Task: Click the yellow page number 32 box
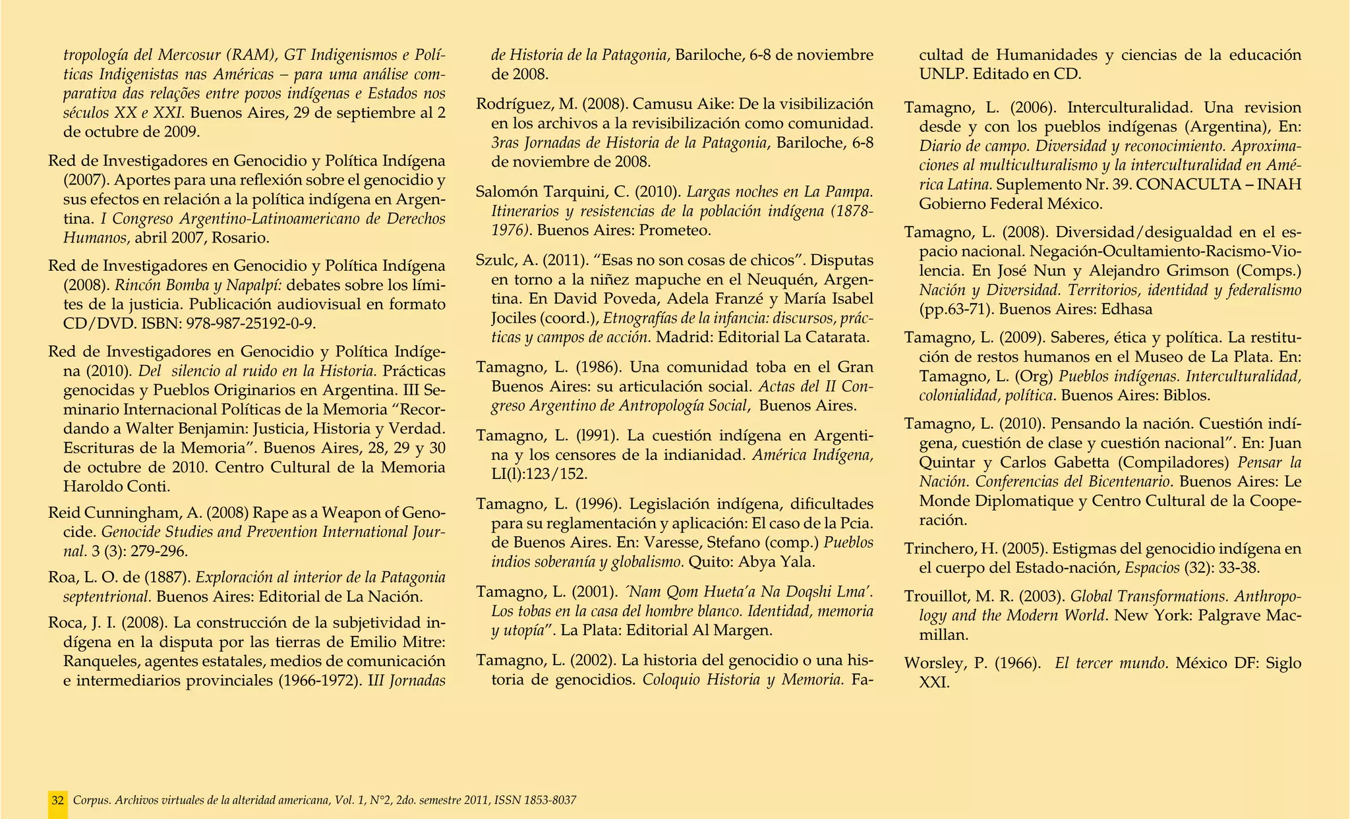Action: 57,801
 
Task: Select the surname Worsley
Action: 936,664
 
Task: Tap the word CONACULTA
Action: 1189,184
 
